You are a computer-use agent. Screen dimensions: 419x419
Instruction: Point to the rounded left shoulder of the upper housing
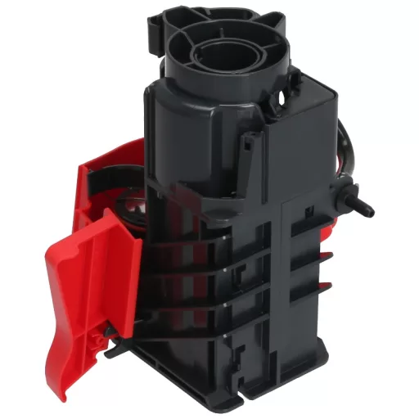pos(155,102)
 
